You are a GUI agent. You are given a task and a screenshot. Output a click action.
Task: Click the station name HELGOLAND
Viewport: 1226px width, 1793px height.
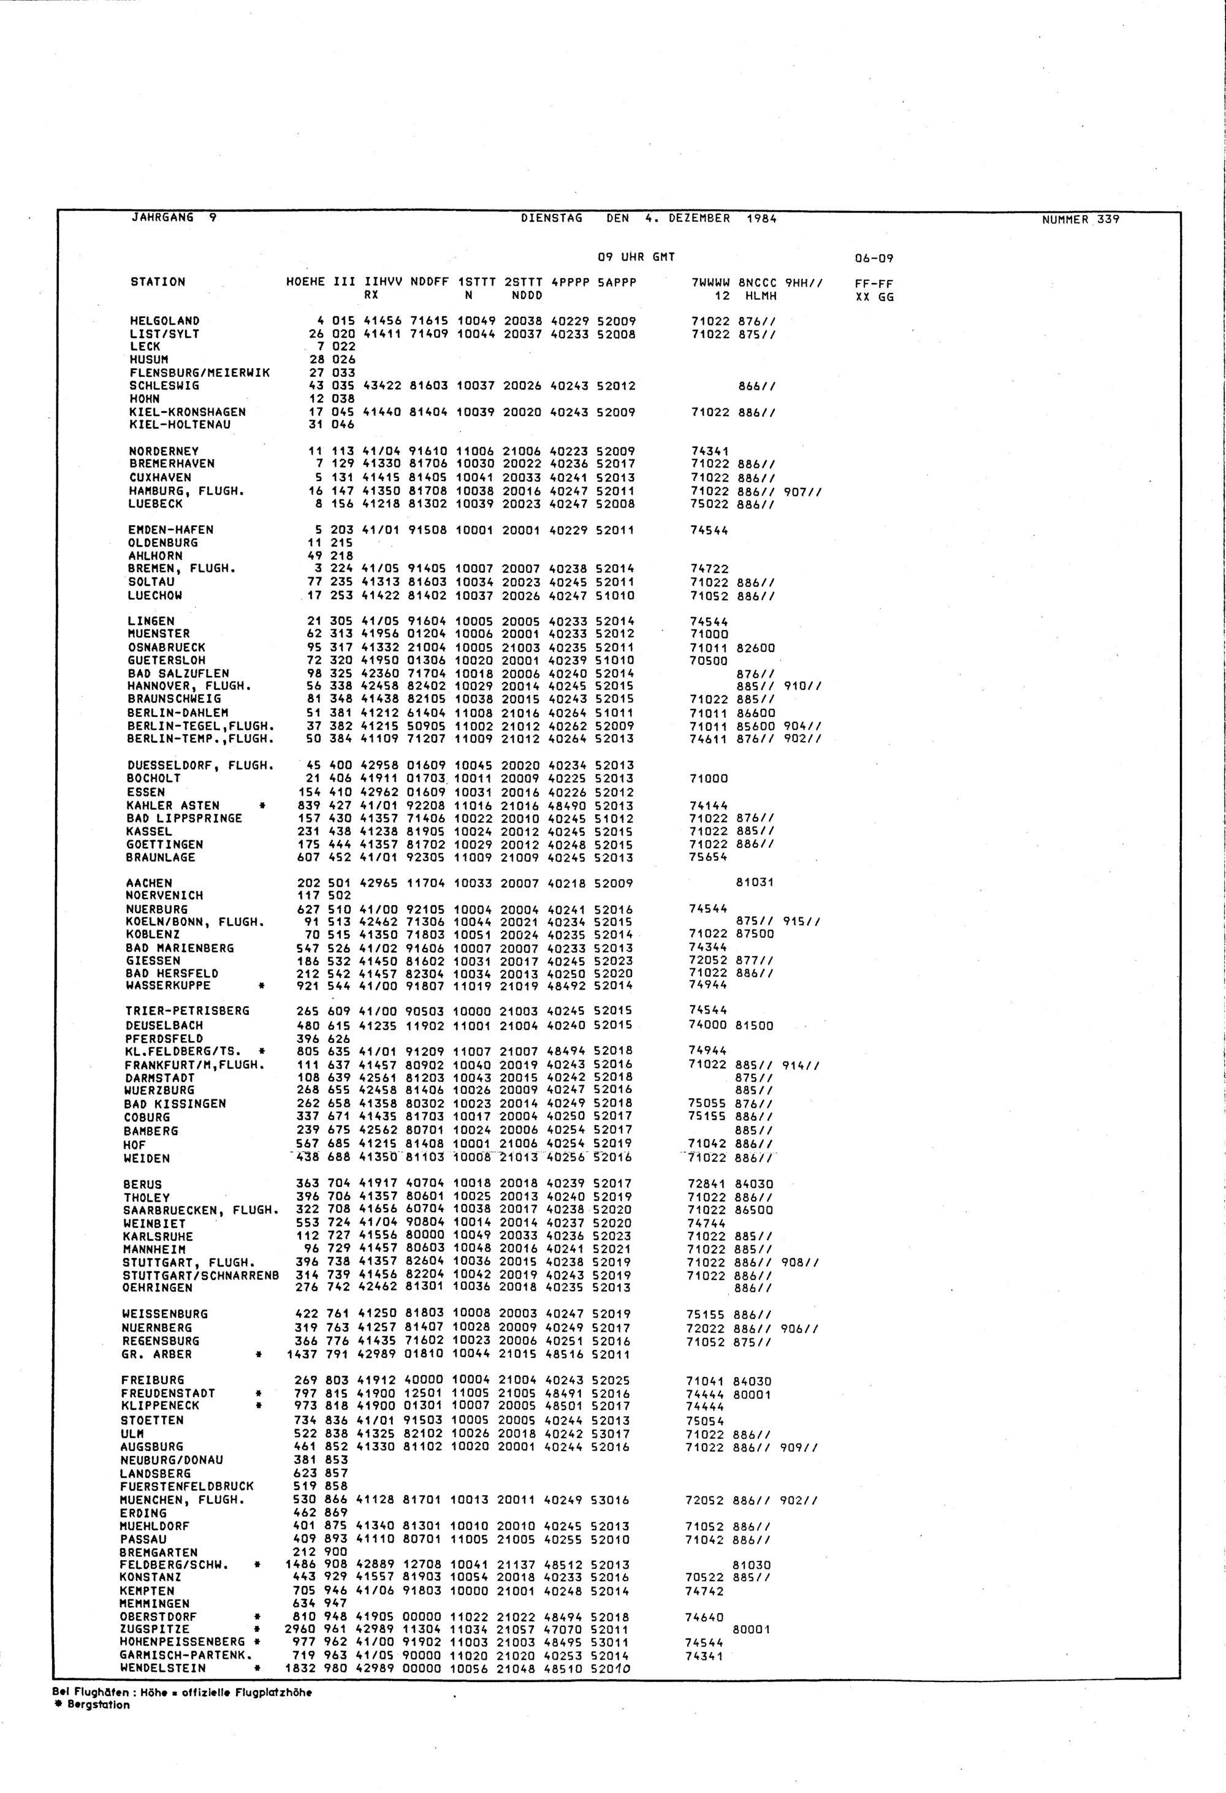(164, 321)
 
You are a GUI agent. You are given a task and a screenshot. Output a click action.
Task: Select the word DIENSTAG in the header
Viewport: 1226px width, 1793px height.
(552, 218)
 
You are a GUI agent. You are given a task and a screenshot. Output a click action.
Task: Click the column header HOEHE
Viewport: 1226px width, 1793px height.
(305, 282)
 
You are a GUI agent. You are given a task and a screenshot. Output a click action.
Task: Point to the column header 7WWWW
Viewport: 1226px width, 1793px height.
(710, 282)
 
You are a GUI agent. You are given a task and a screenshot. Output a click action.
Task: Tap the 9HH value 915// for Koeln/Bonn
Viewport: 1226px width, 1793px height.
(802, 922)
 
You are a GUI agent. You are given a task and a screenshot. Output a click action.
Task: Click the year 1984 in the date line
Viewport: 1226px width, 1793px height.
(761, 218)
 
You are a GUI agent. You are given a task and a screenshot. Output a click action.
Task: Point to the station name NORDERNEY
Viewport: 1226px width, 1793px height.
(164, 452)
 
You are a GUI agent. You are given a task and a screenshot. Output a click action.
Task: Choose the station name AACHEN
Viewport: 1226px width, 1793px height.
(149, 884)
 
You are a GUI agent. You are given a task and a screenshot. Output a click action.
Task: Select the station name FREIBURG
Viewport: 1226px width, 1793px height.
(153, 1380)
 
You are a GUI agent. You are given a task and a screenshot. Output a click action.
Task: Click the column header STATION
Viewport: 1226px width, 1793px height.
(158, 282)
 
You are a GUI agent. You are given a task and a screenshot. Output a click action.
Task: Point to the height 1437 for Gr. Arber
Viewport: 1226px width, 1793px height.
(302, 1354)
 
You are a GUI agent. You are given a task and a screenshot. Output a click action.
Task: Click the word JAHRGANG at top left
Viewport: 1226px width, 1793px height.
(162, 218)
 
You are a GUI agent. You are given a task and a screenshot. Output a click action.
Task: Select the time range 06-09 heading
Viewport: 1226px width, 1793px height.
(874, 259)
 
